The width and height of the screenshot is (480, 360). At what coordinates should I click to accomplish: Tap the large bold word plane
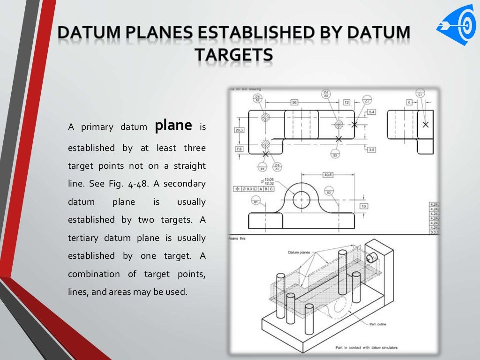pyautogui.click(x=173, y=125)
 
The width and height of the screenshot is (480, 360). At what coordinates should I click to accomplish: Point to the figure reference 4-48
pyautogui.click(x=138, y=184)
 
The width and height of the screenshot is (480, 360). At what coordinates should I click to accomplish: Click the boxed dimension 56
pyautogui.click(x=294, y=102)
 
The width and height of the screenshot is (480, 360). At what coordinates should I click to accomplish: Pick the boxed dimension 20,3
pyautogui.click(x=239, y=130)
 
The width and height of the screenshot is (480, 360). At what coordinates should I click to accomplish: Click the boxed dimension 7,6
pyautogui.click(x=239, y=149)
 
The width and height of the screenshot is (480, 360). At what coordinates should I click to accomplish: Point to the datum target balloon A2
pyautogui.click(x=258, y=97)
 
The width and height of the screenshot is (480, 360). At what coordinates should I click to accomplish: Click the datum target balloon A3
pyautogui.click(x=326, y=94)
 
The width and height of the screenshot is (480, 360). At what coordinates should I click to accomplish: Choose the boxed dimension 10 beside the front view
pyautogui.click(x=364, y=206)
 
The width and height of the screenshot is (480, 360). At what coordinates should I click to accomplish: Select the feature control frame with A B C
pyautogui.click(x=254, y=189)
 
